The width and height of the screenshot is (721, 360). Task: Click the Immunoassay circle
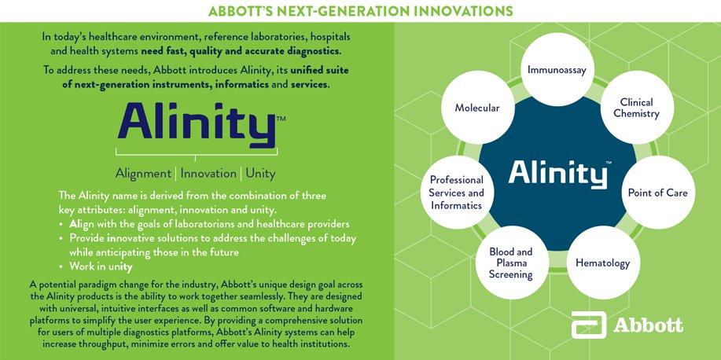click(557, 70)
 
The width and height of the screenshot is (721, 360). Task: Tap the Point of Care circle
click(657, 193)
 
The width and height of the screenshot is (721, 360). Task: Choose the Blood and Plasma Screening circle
click(511, 263)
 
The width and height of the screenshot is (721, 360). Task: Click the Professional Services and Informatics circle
click(457, 193)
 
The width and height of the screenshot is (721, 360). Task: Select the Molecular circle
click(477, 108)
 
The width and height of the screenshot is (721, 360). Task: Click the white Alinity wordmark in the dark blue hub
click(559, 172)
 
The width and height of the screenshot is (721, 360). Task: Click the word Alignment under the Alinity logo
click(143, 173)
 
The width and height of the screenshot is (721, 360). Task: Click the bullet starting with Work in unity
click(95, 266)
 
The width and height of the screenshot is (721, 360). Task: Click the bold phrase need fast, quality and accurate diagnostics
click(241, 51)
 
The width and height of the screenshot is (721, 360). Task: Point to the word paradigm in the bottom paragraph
click(109, 283)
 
